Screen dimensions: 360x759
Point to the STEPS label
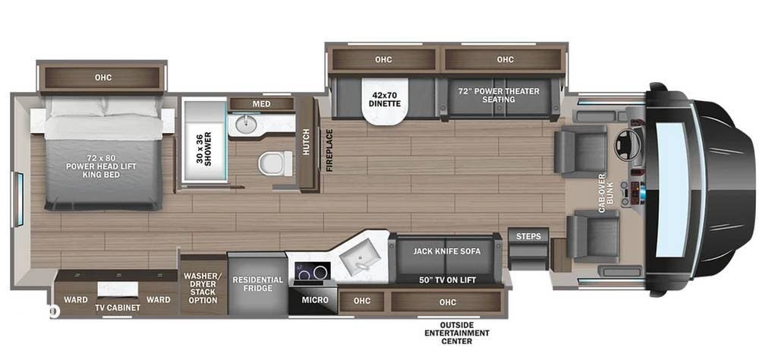point(528,236)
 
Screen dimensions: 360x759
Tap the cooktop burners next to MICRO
point(311,273)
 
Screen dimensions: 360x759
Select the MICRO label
point(315,300)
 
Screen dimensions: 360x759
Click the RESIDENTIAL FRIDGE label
point(257,285)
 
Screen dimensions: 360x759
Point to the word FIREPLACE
point(330,150)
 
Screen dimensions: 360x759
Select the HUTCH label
point(307,141)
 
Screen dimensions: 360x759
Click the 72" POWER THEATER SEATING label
point(498,95)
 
